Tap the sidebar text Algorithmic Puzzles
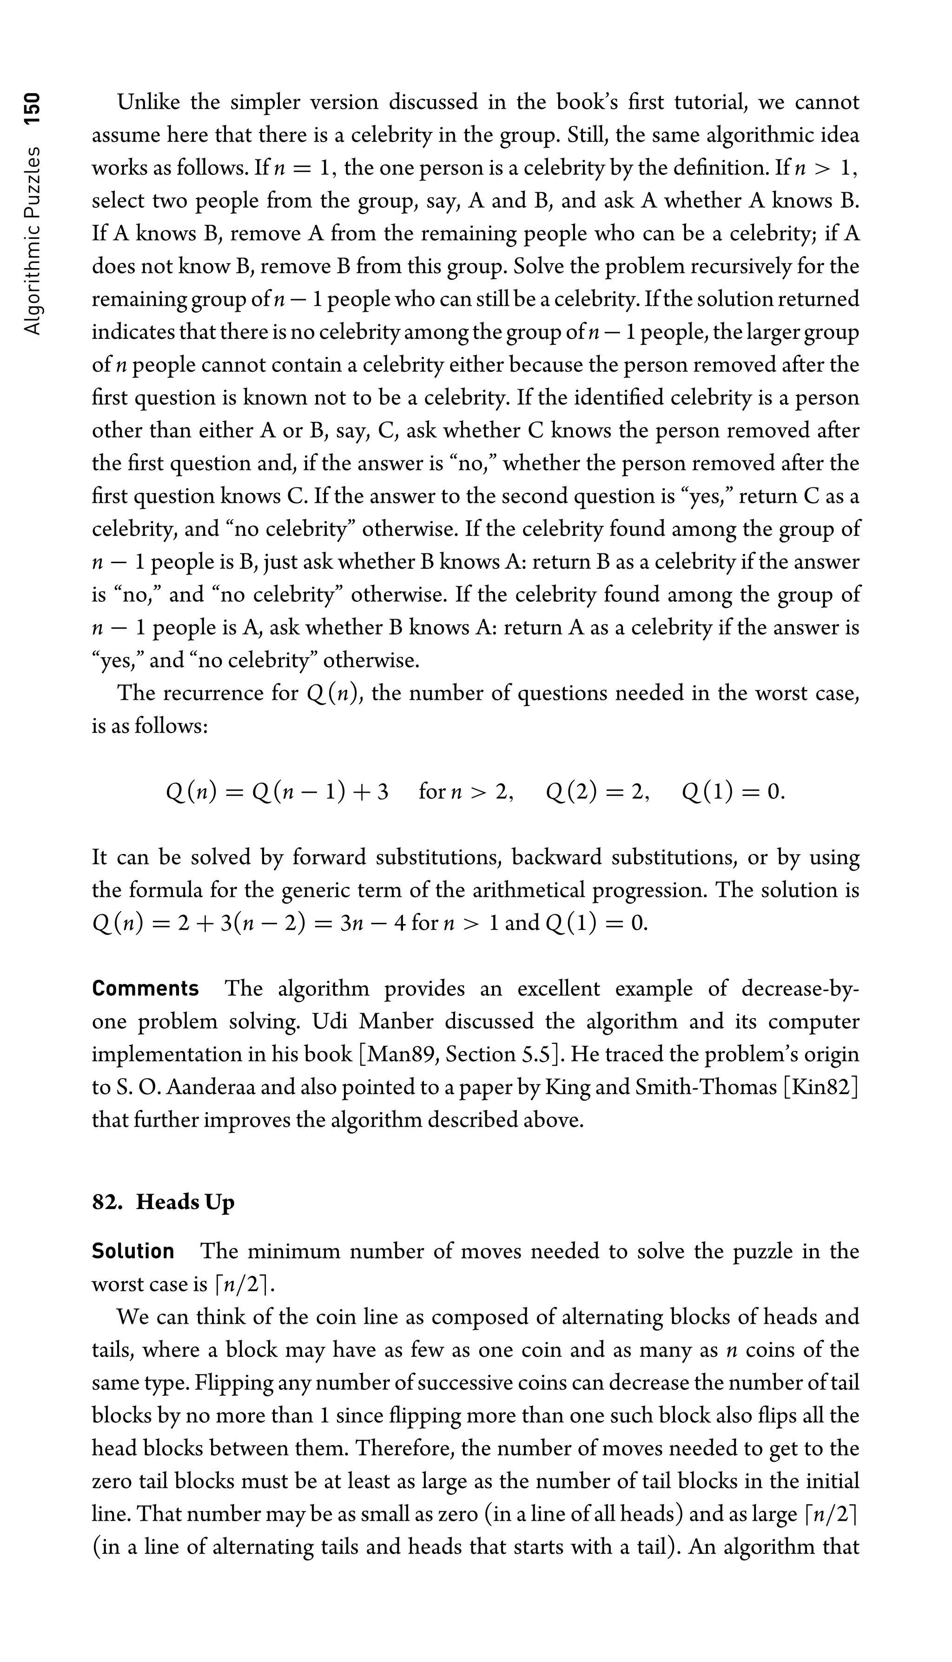click(32, 241)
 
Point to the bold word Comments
click(145, 988)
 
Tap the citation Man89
click(396, 1054)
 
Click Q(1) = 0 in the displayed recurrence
click(732, 792)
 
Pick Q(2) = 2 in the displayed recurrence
click(597, 792)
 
